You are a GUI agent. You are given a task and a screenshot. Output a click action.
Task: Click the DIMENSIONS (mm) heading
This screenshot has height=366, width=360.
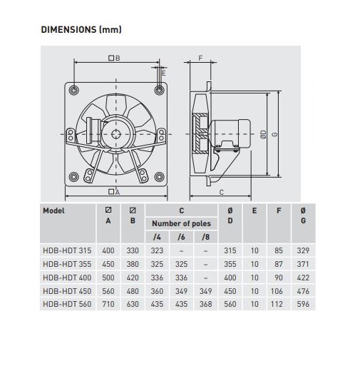tap(81, 29)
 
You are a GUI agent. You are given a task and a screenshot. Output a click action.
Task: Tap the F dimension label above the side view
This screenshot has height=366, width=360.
tap(200, 58)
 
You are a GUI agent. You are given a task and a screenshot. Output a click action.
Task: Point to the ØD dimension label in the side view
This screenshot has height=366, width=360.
tap(264, 134)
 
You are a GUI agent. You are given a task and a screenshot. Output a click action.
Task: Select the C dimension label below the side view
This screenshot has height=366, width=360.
tap(222, 192)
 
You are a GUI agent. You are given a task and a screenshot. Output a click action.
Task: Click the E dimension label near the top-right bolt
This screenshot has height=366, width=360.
tap(163, 73)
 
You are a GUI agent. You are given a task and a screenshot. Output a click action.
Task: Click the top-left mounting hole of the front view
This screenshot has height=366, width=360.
tap(74, 90)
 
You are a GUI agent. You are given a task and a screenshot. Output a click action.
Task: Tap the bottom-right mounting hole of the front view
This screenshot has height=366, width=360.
tap(159, 177)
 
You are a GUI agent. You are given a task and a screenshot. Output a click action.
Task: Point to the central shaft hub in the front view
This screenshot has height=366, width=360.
tap(116, 134)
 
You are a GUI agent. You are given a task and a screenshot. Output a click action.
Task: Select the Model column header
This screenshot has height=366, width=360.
tap(53, 210)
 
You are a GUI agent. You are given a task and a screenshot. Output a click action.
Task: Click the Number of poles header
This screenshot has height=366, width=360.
tap(181, 223)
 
